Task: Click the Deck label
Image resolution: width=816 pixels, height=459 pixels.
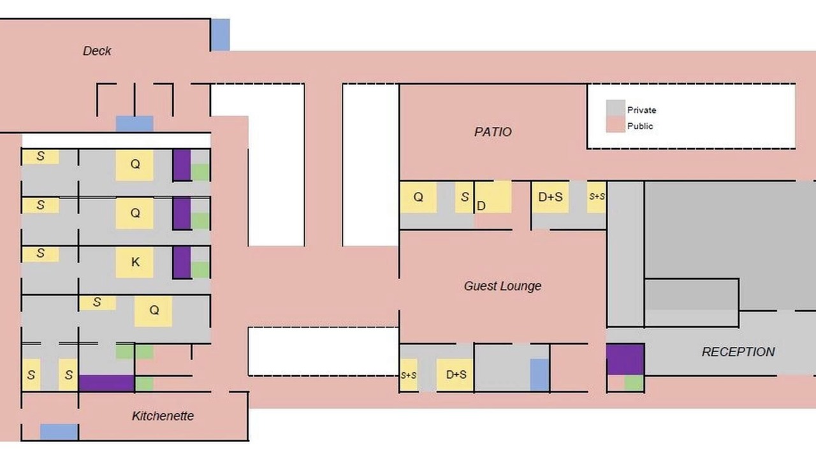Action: pyautogui.click(x=97, y=51)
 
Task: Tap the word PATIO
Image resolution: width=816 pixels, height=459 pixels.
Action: pyautogui.click(x=493, y=132)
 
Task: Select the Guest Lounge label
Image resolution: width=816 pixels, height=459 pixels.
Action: pyautogui.click(x=502, y=286)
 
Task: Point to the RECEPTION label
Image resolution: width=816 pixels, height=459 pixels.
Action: pyautogui.click(x=738, y=352)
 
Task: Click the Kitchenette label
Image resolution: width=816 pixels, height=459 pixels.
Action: pyautogui.click(x=163, y=416)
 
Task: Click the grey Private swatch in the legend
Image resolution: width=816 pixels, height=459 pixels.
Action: pyautogui.click(x=616, y=108)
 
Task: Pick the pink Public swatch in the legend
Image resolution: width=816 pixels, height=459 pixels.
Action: pyautogui.click(x=616, y=124)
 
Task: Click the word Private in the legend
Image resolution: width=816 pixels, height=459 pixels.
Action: pyautogui.click(x=641, y=110)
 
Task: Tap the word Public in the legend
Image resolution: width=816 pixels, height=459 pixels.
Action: pyautogui.click(x=640, y=126)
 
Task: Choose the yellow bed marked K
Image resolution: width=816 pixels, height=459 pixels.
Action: pyautogui.click(x=135, y=262)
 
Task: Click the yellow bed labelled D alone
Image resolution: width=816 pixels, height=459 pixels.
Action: pyautogui.click(x=493, y=197)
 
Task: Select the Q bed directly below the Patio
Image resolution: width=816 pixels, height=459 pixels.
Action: pyautogui.click(x=418, y=197)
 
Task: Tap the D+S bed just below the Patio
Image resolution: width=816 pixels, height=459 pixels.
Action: pyautogui.click(x=550, y=197)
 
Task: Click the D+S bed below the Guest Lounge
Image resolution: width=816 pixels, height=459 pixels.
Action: pyautogui.click(x=455, y=375)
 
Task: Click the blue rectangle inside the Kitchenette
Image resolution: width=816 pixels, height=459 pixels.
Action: pyautogui.click(x=59, y=432)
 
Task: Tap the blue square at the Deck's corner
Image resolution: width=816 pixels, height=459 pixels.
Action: pyautogui.click(x=221, y=35)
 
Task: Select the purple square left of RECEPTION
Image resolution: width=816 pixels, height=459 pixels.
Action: pyautogui.click(x=625, y=359)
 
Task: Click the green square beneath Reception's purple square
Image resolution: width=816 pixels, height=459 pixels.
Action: pyautogui.click(x=634, y=383)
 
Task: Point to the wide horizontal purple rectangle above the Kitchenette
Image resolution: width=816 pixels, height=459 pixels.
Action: pyautogui.click(x=106, y=383)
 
